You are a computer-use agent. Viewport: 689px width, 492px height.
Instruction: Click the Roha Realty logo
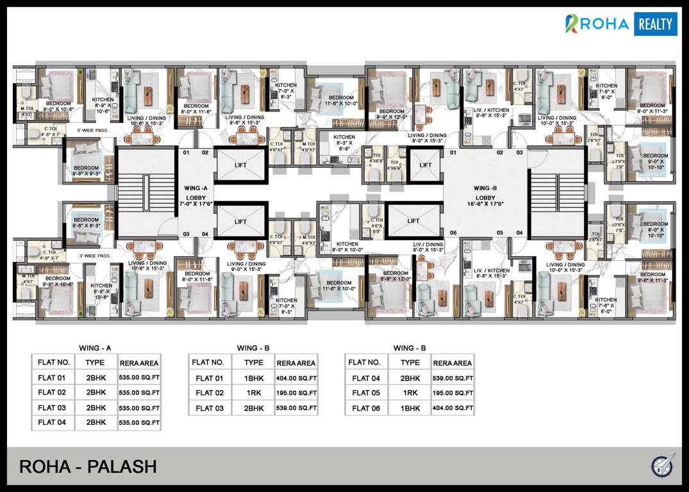tap(620, 24)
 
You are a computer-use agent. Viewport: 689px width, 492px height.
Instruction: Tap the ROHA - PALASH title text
tap(88, 466)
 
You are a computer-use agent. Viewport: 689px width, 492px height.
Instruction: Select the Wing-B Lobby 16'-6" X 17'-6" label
tap(485, 196)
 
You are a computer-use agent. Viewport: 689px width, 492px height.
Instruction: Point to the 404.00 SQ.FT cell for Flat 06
tap(452, 408)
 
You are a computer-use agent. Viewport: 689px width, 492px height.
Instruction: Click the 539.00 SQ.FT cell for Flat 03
tap(296, 408)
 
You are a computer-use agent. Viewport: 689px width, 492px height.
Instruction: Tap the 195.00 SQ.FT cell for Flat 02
tap(296, 393)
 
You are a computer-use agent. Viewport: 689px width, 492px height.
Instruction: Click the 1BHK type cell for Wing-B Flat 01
tap(254, 378)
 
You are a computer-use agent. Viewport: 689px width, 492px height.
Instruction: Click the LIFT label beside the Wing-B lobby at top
tap(426, 165)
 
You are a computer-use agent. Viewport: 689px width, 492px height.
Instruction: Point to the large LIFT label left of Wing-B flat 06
tap(413, 221)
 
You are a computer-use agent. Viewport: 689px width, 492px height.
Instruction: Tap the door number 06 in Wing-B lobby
tap(452, 233)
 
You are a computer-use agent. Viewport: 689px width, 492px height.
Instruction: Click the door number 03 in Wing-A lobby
tap(187, 234)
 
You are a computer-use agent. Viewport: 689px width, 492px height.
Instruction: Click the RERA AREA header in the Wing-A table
tap(139, 361)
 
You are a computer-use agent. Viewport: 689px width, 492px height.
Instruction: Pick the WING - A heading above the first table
tap(95, 348)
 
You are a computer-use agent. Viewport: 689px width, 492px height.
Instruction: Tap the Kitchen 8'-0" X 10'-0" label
tap(347, 247)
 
